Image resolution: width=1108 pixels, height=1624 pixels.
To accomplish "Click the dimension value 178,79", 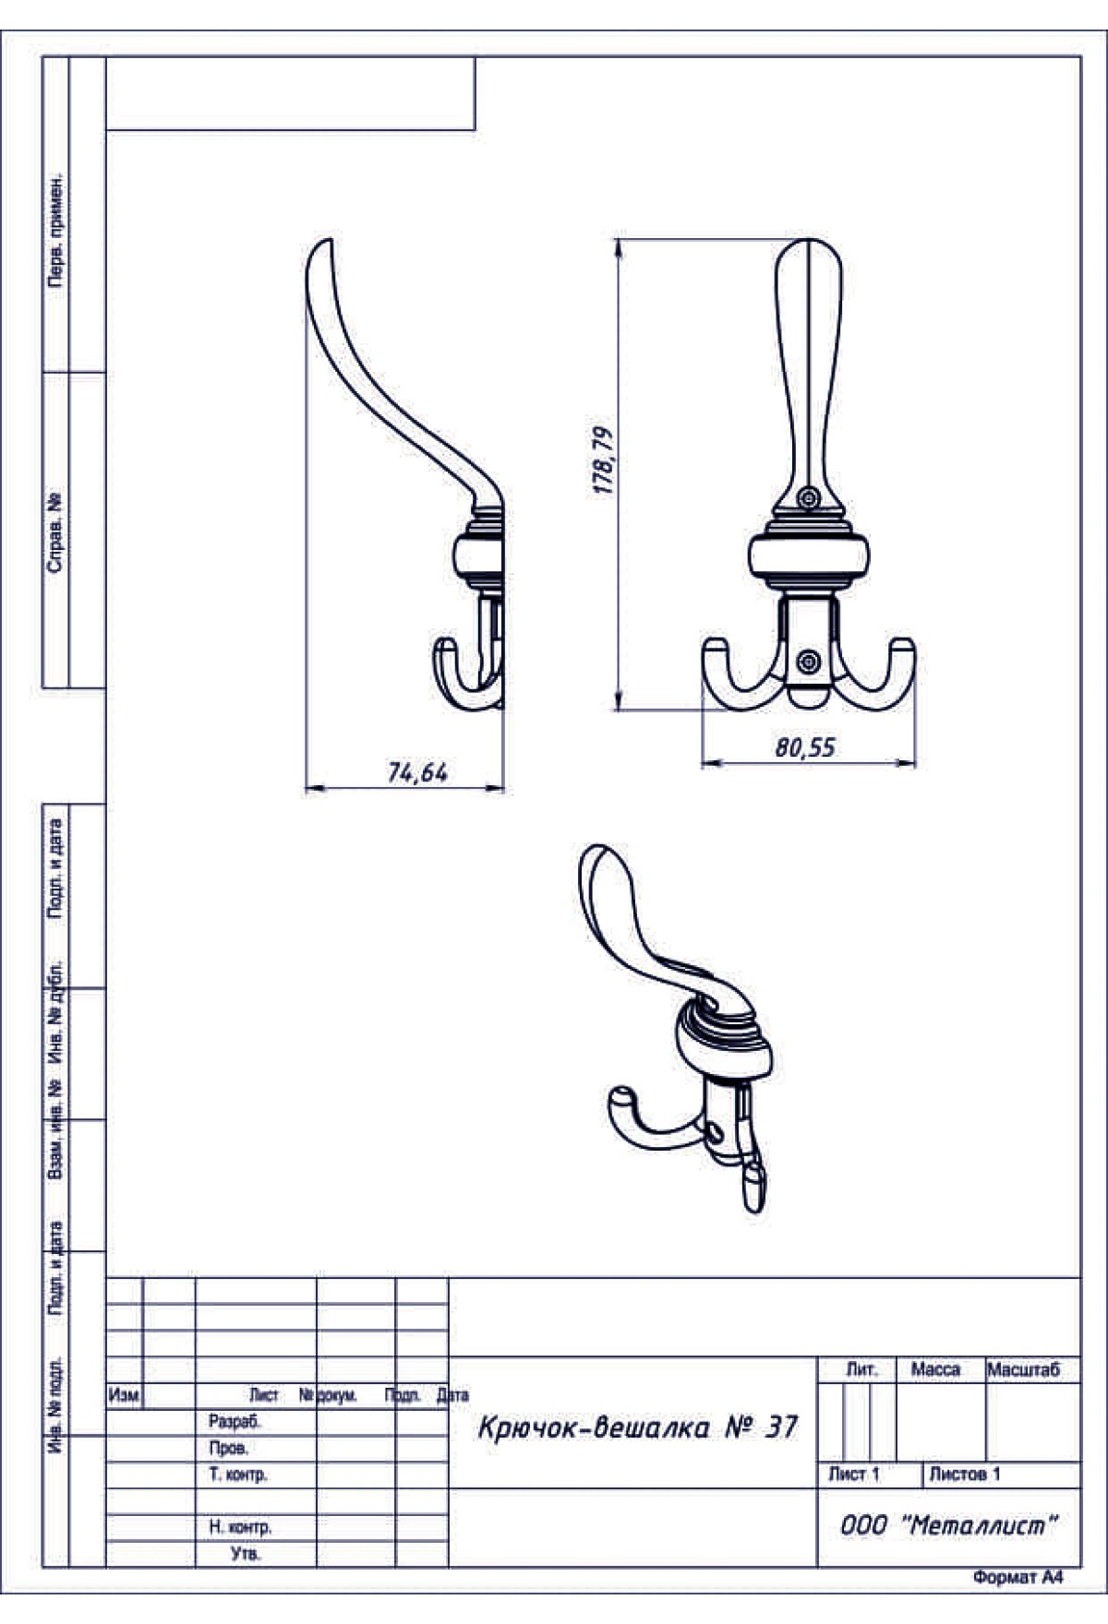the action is (604, 460).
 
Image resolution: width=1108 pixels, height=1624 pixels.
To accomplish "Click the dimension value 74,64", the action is (417, 772).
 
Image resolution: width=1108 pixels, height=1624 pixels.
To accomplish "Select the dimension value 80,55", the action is (805, 747).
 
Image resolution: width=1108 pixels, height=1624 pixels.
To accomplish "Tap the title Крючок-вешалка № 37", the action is (638, 1427).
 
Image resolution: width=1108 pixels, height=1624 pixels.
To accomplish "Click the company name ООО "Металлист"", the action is (948, 1525).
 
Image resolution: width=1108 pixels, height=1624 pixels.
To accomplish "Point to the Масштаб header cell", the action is (1023, 1370).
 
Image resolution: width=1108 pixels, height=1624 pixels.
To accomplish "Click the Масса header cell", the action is (935, 1370).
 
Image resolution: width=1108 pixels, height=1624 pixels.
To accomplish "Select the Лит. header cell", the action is (861, 1370).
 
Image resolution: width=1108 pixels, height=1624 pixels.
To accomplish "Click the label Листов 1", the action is (964, 1475).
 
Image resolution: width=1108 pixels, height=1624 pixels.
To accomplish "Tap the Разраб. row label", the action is (235, 1422).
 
